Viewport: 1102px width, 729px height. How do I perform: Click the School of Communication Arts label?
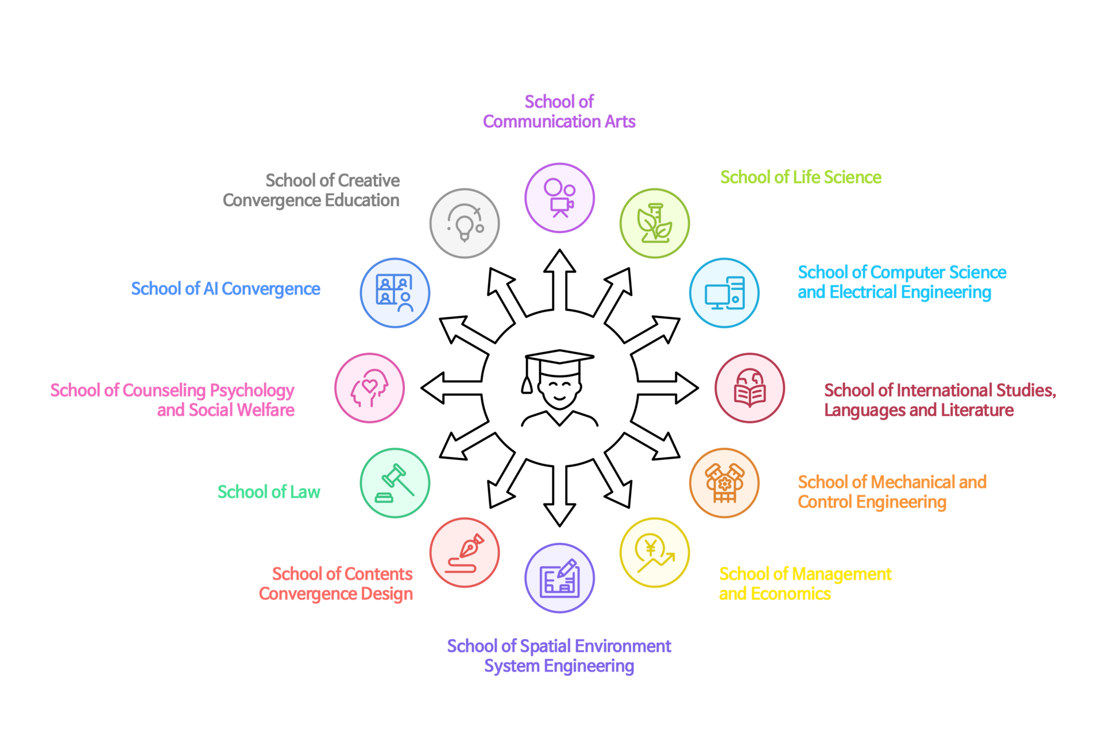(559, 111)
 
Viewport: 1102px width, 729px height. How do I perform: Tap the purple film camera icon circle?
(559, 198)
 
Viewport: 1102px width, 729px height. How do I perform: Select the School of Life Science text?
(801, 177)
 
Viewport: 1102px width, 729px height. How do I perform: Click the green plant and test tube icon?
(655, 223)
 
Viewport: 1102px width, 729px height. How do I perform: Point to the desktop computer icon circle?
(724, 293)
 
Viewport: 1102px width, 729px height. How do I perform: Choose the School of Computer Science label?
(902, 282)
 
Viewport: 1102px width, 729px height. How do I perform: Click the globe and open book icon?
(749, 388)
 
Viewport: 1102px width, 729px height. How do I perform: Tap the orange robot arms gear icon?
(724, 483)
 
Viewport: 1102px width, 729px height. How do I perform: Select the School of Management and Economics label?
(805, 583)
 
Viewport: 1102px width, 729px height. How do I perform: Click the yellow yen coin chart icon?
(655, 553)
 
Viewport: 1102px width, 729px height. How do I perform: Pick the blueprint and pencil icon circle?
(559, 578)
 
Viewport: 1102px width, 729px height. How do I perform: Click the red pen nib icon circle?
(465, 553)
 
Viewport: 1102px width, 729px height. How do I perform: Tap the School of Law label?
(269, 492)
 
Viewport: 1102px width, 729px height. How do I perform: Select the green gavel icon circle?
(395, 483)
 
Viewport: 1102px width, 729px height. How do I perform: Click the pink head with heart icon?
(369, 388)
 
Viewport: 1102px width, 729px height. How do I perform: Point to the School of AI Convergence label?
(226, 289)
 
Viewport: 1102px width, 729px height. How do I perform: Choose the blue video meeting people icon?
(395, 293)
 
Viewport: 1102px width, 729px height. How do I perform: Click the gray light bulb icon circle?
(465, 223)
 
